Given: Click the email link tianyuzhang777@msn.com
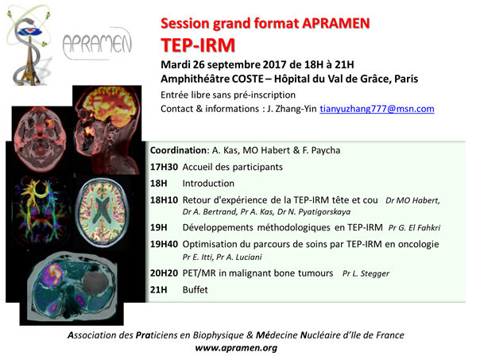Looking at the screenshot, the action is coord(377,109).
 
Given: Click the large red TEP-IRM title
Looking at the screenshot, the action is coord(198,45).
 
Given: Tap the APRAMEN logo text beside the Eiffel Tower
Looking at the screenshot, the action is coord(97,45).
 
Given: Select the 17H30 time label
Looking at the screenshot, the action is coord(164,167).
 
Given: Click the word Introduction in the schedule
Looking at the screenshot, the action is coord(208,184).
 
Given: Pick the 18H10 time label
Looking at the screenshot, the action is coord(164,200).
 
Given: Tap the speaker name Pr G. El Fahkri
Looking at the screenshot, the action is coord(414,228).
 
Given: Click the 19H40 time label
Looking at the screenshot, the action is coord(164,244).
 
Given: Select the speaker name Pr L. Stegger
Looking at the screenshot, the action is coord(366,273).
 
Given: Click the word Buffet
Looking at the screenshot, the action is coord(195,289).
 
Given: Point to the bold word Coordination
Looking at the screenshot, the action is coord(178,150).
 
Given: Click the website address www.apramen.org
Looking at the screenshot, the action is coord(236,348).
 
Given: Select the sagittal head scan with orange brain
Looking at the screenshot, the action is coord(106,130).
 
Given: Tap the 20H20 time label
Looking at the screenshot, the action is coord(164,273).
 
